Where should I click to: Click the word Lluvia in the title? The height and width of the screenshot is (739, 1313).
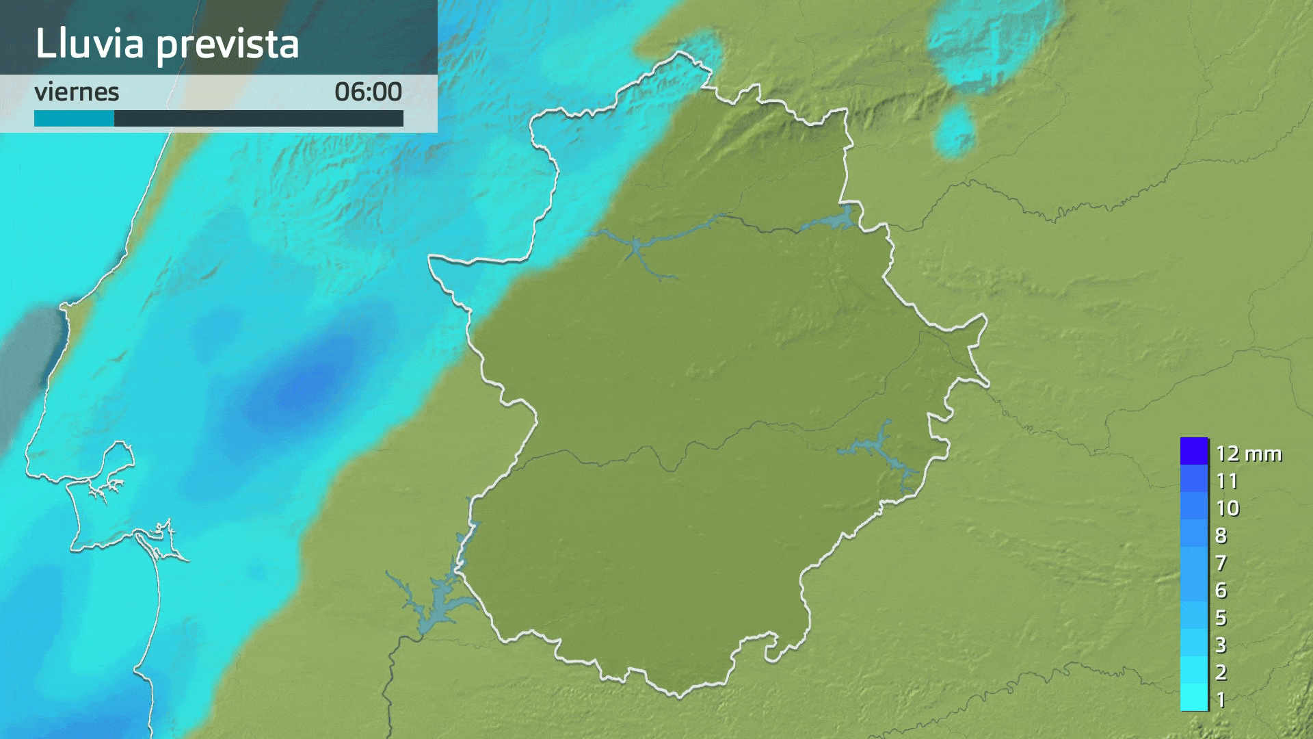click(90, 44)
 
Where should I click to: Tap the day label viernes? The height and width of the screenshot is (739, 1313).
click(77, 92)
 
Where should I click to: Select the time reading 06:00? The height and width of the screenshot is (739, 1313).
click(368, 92)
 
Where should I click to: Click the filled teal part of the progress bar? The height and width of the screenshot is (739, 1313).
click(74, 118)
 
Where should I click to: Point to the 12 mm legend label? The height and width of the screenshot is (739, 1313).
click(1248, 454)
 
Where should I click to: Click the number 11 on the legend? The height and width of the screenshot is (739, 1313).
click(1227, 481)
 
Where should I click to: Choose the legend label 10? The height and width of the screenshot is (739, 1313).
click(1228, 508)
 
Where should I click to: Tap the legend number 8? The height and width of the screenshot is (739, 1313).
click(1221, 535)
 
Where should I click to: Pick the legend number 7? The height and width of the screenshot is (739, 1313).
click(1221, 562)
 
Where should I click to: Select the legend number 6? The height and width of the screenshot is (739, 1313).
click(1221, 590)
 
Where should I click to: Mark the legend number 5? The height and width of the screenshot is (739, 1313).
click(1221, 617)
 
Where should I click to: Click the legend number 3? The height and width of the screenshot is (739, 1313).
click(1221, 645)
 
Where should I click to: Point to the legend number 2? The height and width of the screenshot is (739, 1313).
click(1221, 672)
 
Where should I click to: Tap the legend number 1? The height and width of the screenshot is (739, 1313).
click(1221, 699)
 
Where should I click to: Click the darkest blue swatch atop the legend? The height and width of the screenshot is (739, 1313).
click(1194, 451)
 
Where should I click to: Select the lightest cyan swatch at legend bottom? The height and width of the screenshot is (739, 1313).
click(1194, 698)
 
